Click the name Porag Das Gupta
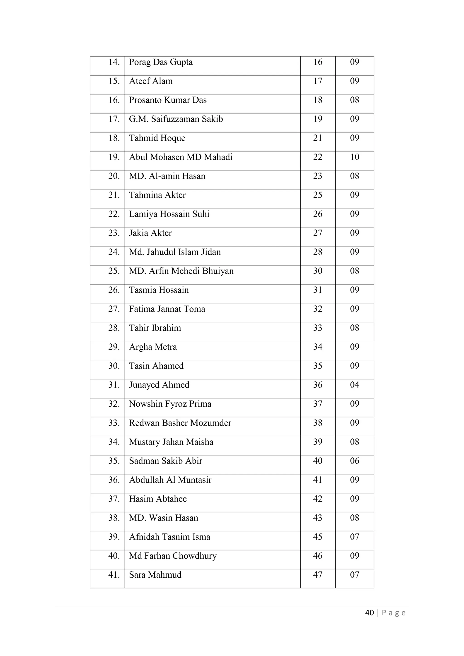point(161,62)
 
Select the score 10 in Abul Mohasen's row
point(354,157)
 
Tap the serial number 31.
point(114,385)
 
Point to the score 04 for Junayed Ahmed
point(354,385)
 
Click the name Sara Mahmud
point(155,575)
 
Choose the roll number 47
point(317,575)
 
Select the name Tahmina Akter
point(157,195)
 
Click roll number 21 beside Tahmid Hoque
point(317,138)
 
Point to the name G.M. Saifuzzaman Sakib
point(176,119)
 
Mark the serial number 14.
point(114,62)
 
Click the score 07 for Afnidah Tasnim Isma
point(354,537)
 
